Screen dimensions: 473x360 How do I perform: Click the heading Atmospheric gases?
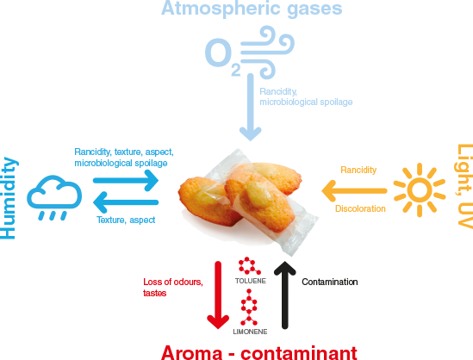click(252, 9)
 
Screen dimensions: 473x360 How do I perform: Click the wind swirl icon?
click(267, 52)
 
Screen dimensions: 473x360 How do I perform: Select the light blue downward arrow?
click(251, 107)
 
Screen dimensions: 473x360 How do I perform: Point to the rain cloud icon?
click(54, 197)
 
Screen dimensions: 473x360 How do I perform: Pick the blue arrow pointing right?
click(126, 181)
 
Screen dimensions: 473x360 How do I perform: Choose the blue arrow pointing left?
click(126, 202)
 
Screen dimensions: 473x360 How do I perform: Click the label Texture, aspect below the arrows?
click(126, 220)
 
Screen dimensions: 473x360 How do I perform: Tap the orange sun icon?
click(420, 190)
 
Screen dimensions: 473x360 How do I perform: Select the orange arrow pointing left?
click(354, 191)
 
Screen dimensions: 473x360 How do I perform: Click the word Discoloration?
click(360, 208)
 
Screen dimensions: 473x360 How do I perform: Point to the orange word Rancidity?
click(358, 170)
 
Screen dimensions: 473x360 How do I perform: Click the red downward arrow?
click(218, 295)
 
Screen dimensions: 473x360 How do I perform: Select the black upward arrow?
click(285, 295)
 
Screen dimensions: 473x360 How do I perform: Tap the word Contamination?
click(330, 282)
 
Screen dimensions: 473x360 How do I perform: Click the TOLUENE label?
click(251, 281)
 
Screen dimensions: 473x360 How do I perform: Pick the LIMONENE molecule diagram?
click(249, 307)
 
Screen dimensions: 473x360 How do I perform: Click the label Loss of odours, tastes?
click(173, 288)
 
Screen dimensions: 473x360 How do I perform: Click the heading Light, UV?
click(464, 186)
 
